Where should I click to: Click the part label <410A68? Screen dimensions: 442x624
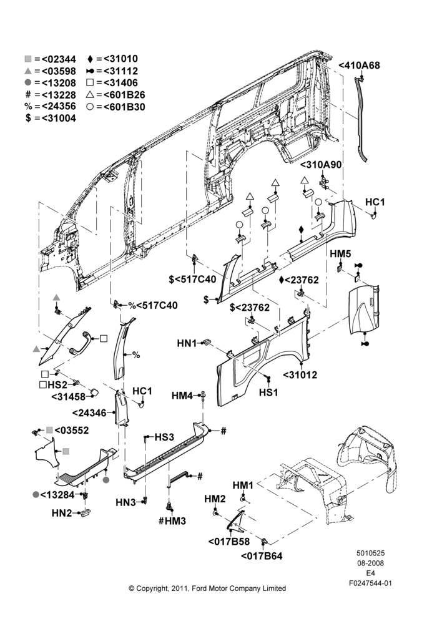click(x=359, y=66)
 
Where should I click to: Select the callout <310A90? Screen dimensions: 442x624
click(x=321, y=164)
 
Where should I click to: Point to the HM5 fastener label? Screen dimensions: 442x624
click(x=340, y=253)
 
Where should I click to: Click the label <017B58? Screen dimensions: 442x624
click(x=229, y=541)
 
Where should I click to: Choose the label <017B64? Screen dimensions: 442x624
click(x=262, y=555)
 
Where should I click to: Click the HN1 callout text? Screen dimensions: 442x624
click(x=187, y=343)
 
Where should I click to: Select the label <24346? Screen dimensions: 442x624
click(x=90, y=412)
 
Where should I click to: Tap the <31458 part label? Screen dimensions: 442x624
click(x=69, y=396)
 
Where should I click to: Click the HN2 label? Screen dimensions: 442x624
click(x=62, y=513)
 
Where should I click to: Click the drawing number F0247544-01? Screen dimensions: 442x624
click(x=370, y=583)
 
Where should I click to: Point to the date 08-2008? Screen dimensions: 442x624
click(x=370, y=563)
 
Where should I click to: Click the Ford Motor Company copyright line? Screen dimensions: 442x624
click(x=207, y=588)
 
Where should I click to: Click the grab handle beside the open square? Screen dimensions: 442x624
click(x=81, y=342)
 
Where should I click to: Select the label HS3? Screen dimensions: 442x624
click(x=164, y=437)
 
